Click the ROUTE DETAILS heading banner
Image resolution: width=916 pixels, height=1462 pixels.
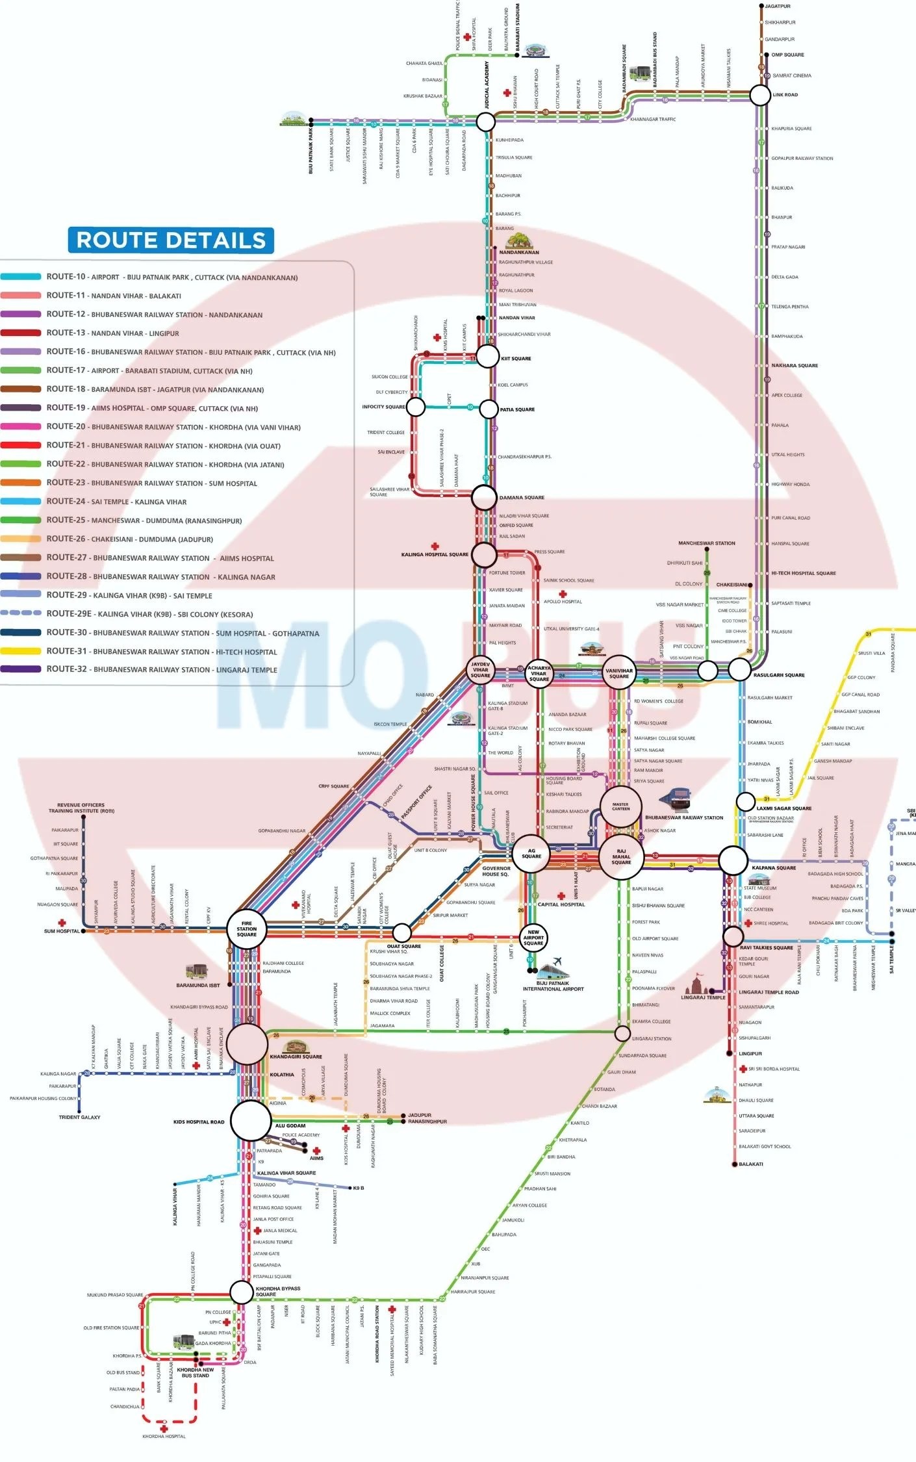(171, 240)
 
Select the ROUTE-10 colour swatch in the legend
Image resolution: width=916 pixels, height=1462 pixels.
(21, 277)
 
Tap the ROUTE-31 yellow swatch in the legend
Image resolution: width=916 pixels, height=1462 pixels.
(21, 651)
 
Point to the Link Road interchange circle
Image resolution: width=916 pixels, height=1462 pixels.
(760, 95)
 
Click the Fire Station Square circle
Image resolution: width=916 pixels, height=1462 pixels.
(247, 929)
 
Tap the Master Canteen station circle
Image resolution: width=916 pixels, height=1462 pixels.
(621, 807)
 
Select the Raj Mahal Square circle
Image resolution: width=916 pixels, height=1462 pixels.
(621, 856)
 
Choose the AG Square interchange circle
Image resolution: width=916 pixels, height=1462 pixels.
(531, 854)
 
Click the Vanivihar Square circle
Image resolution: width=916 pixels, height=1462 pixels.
(619, 673)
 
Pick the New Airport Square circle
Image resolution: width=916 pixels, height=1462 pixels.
(533, 938)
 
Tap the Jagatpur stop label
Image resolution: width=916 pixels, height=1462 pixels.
(778, 6)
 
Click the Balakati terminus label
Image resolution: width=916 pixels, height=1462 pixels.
(751, 1164)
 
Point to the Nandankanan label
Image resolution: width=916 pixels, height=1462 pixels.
(519, 252)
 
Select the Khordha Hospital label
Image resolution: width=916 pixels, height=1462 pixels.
(164, 1436)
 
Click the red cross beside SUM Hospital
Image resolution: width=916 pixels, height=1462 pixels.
(62, 923)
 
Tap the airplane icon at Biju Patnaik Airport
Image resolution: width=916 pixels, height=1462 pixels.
(557, 961)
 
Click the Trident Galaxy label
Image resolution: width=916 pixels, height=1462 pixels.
(79, 1117)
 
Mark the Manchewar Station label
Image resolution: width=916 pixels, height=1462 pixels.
(707, 543)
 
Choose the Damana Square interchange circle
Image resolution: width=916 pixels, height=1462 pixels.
(484, 498)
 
